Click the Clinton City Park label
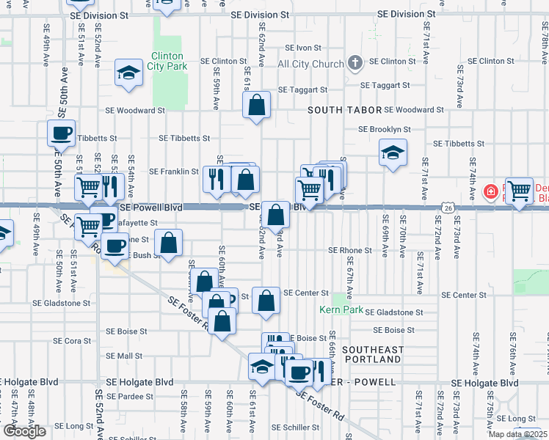[x=169, y=61]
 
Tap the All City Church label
[x=310, y=64]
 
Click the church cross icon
[x=355, y=63]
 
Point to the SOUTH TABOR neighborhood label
[x=344, y=110]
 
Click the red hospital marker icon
[x=490, y=192]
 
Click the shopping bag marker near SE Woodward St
[x=257, y=106]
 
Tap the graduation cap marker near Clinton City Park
[x=129, y=73]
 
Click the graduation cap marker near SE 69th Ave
[x=393, y=153]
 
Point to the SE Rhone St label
[x=349, y=250]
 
